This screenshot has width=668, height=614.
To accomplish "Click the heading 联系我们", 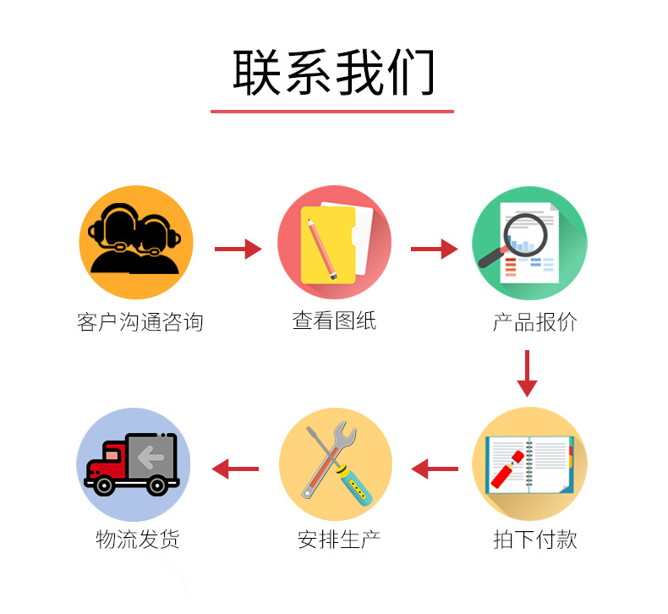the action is (333, 73).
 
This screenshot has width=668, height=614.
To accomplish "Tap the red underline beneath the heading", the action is (332, 112).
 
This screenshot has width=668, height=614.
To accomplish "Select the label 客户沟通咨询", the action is (140, 321).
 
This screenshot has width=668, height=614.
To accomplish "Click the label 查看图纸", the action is (335, 321).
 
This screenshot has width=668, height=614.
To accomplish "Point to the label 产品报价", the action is (535, 322).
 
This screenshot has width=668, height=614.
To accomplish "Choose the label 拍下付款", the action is (535, 539).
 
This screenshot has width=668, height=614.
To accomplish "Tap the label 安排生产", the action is (339, 540).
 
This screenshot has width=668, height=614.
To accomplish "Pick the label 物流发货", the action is (138, 539).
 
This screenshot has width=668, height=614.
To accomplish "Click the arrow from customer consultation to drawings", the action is (238, 249).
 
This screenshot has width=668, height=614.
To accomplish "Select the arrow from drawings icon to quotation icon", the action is (434, 249).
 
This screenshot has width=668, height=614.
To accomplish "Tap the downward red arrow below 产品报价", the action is (527, 374).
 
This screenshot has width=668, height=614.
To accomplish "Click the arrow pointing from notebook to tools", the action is (435, 469).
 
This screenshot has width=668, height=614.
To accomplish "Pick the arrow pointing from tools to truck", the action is (235, 469).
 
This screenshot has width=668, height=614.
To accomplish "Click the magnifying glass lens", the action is (525, 235).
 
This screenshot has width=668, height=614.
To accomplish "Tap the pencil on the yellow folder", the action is (322, 249).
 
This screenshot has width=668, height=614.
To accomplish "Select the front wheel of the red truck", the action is (103, 485).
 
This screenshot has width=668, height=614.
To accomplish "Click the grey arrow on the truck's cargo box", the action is (151, 458).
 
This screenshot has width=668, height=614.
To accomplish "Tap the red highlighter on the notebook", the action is (507, 469).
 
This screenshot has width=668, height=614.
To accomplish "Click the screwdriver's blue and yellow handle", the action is (354, 485).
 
